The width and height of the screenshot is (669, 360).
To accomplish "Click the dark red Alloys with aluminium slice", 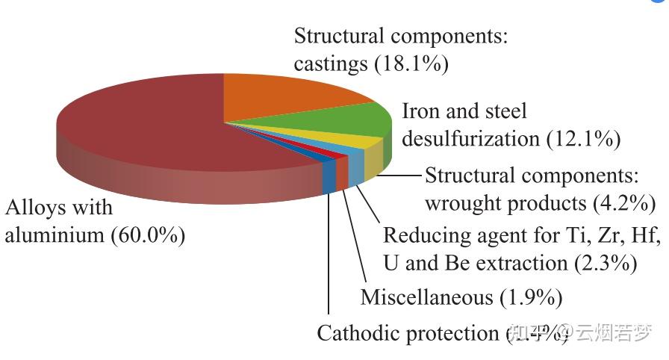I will [x=142, y=127].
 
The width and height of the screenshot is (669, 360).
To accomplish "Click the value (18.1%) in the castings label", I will [x=411, y=63].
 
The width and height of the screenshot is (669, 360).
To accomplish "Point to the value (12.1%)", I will [x=583, y=138].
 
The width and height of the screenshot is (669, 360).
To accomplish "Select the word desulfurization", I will [x=470, y=139].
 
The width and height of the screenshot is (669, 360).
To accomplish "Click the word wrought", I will [x=464, y=203].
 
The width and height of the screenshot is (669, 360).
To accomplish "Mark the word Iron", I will [x=419, y=111].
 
